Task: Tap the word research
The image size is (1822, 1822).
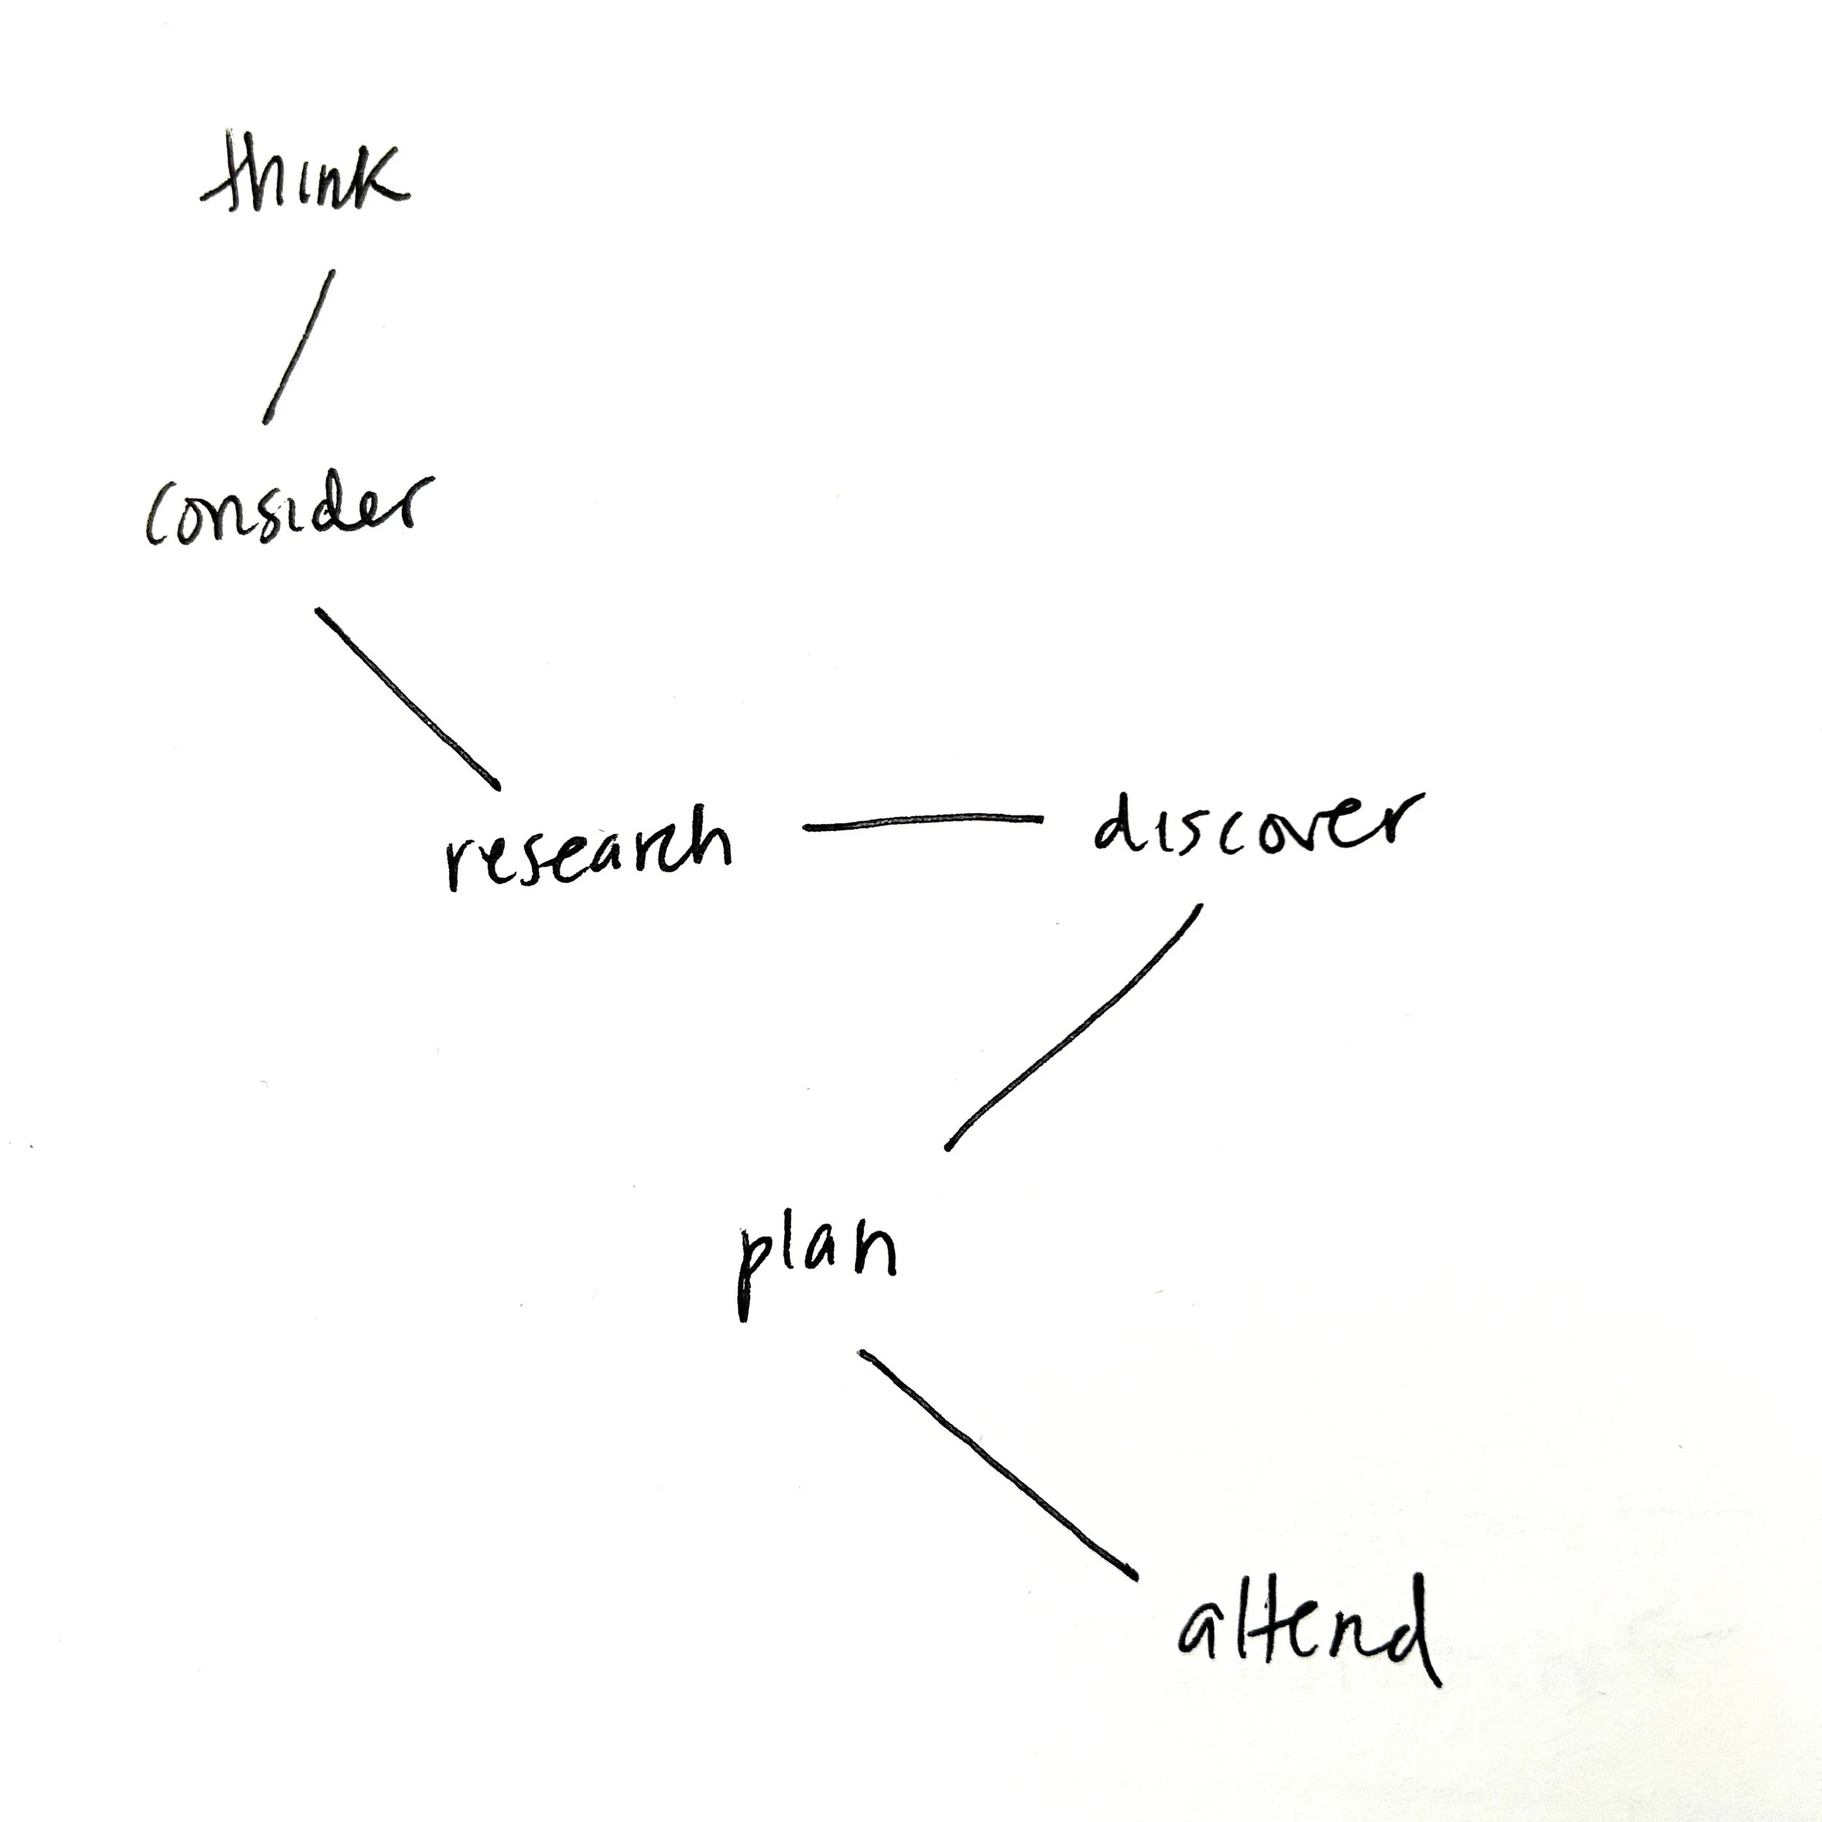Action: click(587, 846)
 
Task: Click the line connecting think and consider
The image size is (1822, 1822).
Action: click(298, 347)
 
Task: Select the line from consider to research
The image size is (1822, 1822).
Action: click(407, 699)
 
